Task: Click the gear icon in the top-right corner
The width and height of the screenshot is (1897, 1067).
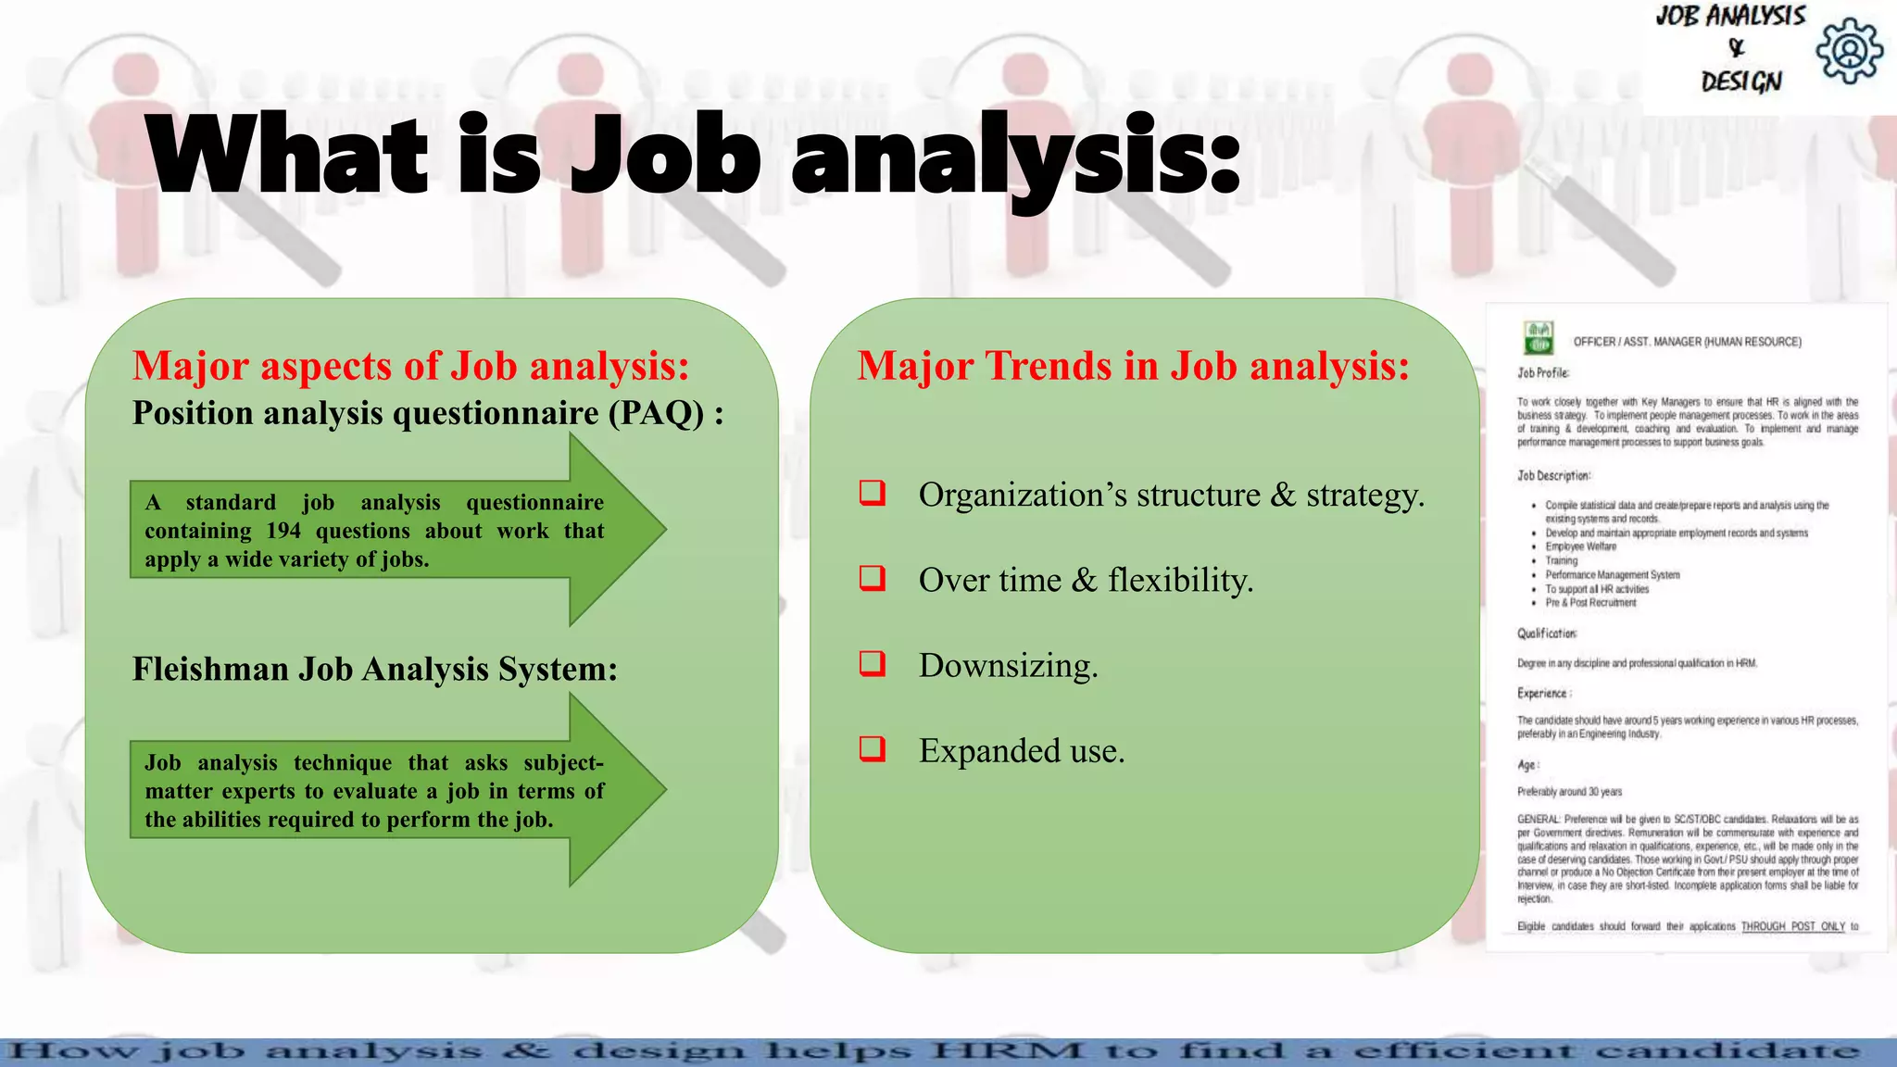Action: pyautogui.click(x=1849, y=51)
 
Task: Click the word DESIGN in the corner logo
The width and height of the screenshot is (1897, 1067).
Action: pyautogui.click(x=1740, y=82)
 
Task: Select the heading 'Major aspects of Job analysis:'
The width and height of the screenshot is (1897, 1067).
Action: pyautogui.click(x=410, y=366)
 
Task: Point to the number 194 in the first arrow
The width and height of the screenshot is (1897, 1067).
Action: pyautogui.click(x=283, y=532)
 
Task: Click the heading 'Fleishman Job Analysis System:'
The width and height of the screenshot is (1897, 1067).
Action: pyautogui.click(x=374, y=669)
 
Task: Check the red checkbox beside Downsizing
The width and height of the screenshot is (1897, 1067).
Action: pyautogui.click(x=873, y=664)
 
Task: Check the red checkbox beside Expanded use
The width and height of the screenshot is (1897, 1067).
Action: pyautogui.click(x=873, y=748)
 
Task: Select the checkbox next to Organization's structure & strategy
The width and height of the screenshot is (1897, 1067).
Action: pyautogui.click(x=873, y=493)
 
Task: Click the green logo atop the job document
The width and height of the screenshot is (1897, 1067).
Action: pyautogui.click(x=1539, y=338)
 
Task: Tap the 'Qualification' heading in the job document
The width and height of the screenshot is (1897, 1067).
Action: pyautogui.click(x=1546, y=634)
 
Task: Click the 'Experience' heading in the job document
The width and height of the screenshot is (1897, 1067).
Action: pyautogui.click(x=1542, y=693)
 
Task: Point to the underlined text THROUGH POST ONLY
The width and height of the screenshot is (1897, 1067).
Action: pyautogui.click(x=1792, y=926)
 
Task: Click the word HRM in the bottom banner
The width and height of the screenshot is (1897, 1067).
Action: pyautogui.click(x=1008, y=1051)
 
